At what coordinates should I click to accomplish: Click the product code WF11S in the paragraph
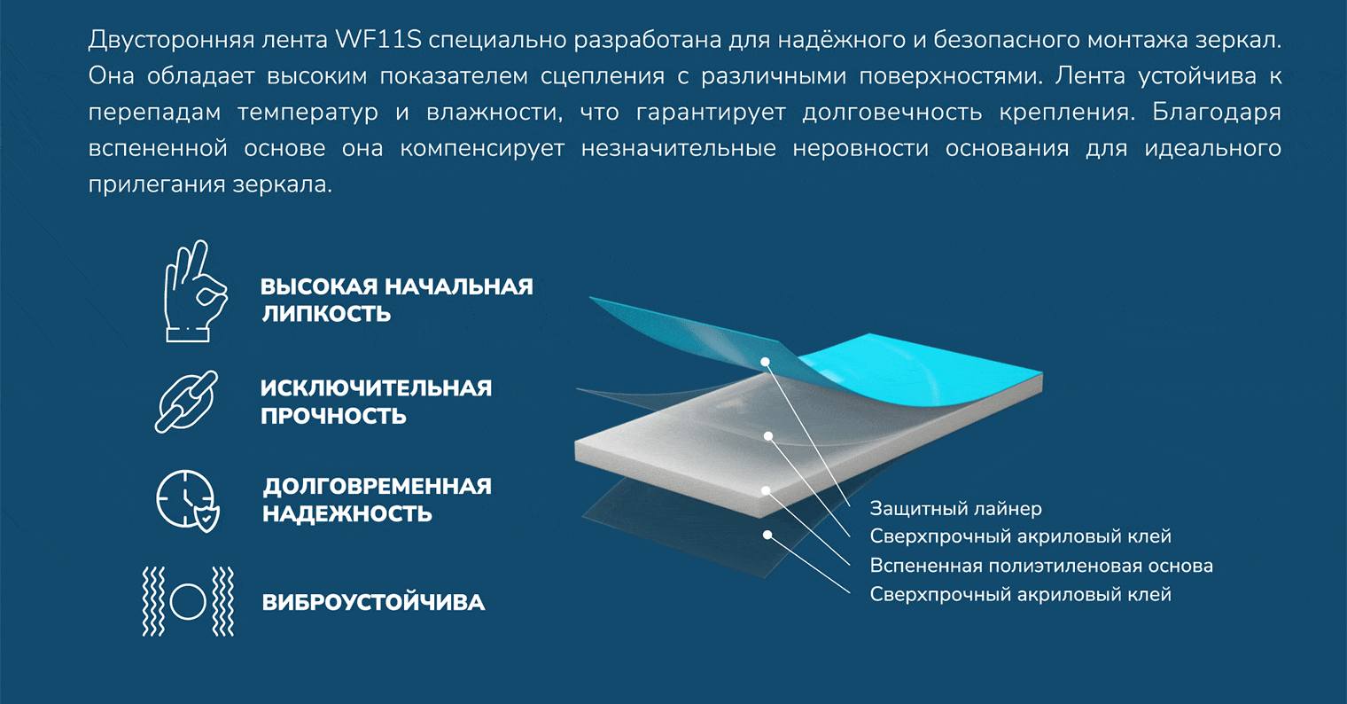click(378, 40)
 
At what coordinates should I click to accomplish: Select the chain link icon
click(186, 402)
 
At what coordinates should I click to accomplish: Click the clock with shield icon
click(188, 501)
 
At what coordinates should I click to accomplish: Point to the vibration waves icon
click(188, 601)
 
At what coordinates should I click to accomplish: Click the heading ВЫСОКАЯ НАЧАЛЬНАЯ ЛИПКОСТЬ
click(397, 300)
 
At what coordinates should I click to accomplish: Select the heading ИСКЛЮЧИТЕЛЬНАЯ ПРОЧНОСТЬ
click(376, 402)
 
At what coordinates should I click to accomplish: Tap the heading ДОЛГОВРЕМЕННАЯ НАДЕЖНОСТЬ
click(377, 500)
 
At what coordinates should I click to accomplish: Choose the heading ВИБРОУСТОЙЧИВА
click(373, 602)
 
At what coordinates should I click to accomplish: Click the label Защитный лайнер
click(955, 508)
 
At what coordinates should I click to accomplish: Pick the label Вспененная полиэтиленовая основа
click(1041, 566)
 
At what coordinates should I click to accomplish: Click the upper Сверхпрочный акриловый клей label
click(1021, 536)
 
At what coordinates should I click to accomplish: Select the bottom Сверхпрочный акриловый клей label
click(1021, 594)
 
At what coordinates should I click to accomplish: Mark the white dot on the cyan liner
click(765, 362)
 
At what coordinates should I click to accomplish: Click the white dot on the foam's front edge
click(766, 490)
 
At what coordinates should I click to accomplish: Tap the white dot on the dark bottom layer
click(767, 535)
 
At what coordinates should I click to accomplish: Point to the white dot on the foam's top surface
click(768, 435)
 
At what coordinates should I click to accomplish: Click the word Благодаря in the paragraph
click(1217, 113)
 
